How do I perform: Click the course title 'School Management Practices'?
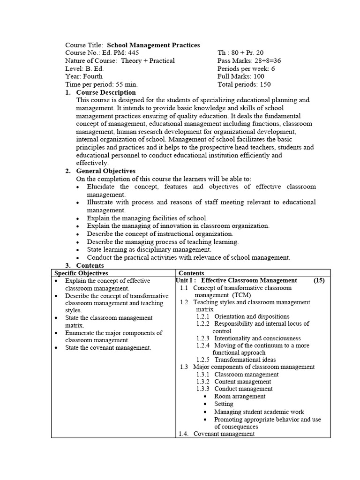click(153, 45)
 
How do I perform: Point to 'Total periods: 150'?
click(244, 84)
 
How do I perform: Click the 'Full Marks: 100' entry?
click(240, 76)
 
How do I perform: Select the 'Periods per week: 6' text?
click(246, 68)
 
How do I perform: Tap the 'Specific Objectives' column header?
click(81, 273)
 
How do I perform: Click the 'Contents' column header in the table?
click(191, 273)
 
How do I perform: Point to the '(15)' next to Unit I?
click(319, 280)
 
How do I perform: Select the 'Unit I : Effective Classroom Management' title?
click(236, 280)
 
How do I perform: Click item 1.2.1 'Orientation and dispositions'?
click(251, 316)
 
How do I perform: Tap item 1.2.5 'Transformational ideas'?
click(245, 360)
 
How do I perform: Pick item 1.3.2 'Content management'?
click(242, 382)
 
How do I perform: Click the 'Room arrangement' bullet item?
click(240, 396)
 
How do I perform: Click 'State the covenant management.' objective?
click(108, 348)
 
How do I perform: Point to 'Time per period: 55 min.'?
click(101, 84)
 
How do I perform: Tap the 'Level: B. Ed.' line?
click(84, 68)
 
